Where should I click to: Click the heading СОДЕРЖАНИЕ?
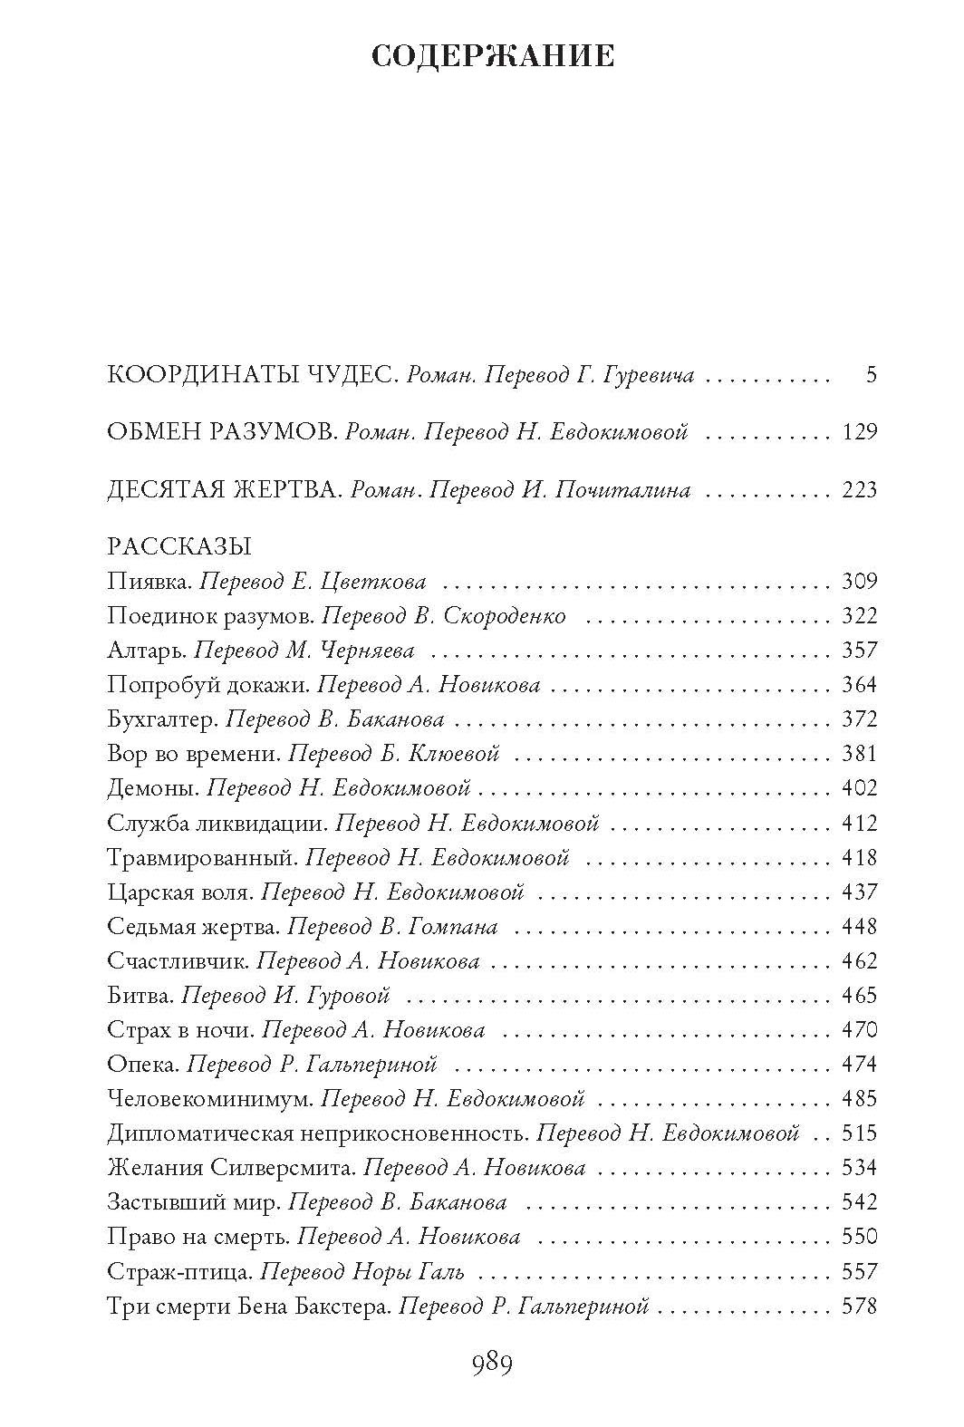point(493,56)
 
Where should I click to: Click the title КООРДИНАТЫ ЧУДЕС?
point(252,375)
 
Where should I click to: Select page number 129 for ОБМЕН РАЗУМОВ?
point(859,432)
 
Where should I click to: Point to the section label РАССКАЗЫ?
point(178,546)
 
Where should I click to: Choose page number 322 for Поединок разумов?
point(859,616)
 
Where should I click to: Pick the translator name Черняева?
point(373,651)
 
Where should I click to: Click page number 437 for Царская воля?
point(859,892)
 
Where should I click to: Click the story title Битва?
point(140,996)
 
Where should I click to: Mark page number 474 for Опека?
point(859,1065)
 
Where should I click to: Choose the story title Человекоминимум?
point(210,1099)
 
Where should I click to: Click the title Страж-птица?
point(178,1272)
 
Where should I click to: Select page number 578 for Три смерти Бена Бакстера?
point(859,1306)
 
